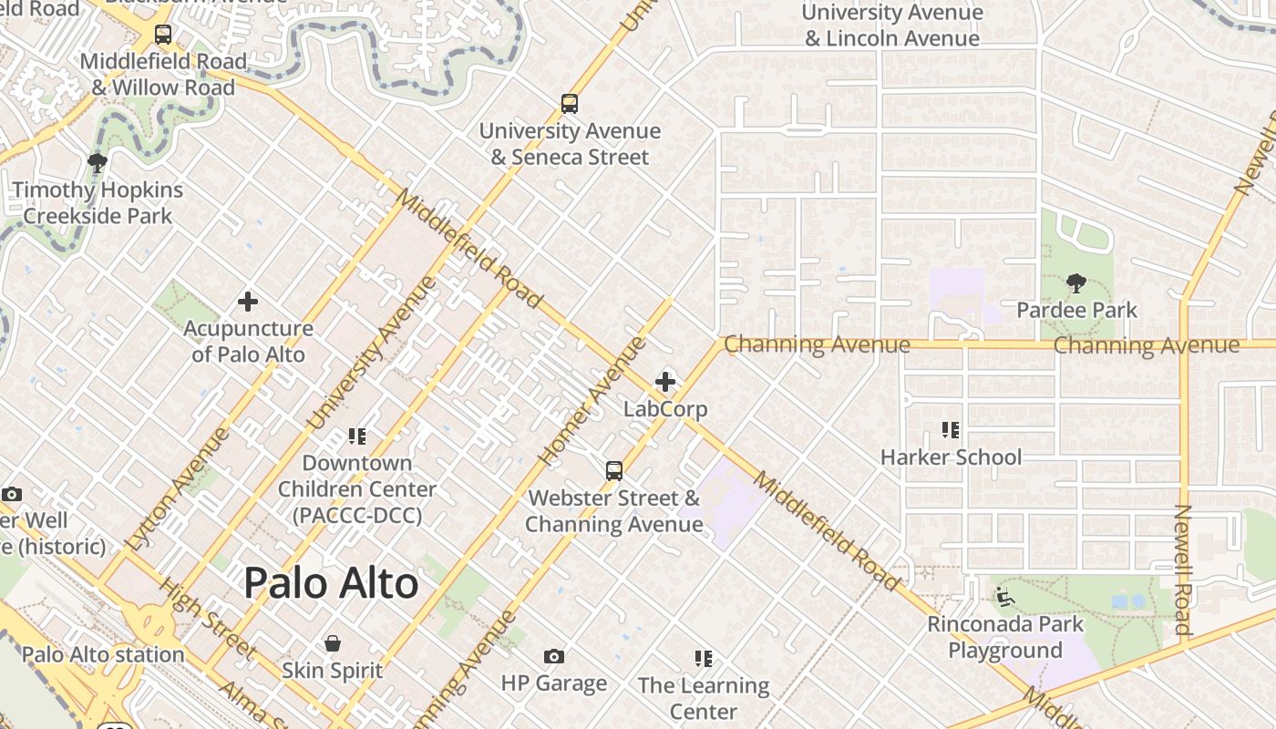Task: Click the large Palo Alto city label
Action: click(x=331, y=583)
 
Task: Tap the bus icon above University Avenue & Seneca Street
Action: click(x=570, y=104)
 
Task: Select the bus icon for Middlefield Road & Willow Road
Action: click(x=163, y=36)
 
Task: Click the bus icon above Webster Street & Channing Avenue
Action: click(x=614, y=471)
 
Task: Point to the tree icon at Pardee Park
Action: click(x=1076, y=283)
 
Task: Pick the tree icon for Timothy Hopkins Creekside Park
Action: click(x=97, y=164)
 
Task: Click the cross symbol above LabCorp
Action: click(x=665, y=383)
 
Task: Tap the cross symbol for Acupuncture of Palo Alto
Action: click(x=248, y=302)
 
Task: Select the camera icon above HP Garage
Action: click(x=553, y=657)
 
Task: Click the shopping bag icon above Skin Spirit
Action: click(x=333, y=644)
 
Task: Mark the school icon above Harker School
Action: click(x=951, y=430)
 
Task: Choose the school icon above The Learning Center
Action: click(x=703, y=659)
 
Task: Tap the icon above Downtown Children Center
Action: click(x=356, y=436)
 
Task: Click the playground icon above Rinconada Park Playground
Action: click(x=1005, y=598)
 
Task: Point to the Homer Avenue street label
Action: click(x=592, y=400)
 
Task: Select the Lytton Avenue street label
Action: click(x=179, y=489)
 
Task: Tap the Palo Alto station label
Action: click(x=103, y=654)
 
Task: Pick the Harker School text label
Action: click(x=951, y=457)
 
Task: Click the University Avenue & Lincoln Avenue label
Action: click(x=892, y=26)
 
